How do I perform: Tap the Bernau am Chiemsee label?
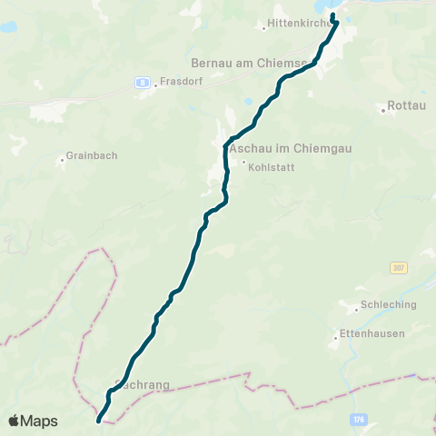tap(253, 64)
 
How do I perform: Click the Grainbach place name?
tap(93, 156)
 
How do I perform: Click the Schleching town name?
tap(388, 305)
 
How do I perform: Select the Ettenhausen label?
tap(372, 333)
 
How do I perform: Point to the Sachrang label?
tap(145, 384)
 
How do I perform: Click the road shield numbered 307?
tap(398, 268)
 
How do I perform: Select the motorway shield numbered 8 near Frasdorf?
tap(143, 82)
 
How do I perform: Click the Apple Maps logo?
tap(33, 421)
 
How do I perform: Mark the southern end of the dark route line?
tap(98, 421)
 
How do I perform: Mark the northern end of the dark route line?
tap(333, 15)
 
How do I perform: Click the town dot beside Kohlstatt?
tap(243, 163)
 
